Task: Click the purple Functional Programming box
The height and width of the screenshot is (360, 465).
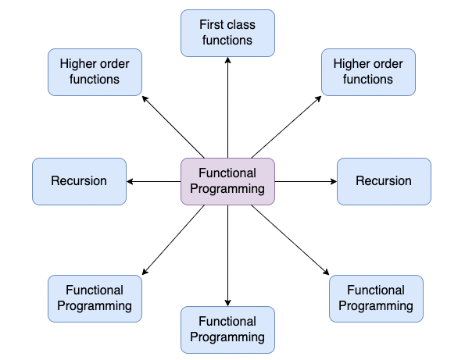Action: [x=227, y=181]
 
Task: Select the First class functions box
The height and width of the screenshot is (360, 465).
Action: [x=227, y=33]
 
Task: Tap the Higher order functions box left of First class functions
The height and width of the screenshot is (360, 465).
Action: [x=95, y=72]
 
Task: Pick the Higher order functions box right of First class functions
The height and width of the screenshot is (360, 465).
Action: [x=368, y=72]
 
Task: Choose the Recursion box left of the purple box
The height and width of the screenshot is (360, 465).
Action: [x=79, y=181]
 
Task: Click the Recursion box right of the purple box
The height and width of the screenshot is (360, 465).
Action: [x=384, y=181]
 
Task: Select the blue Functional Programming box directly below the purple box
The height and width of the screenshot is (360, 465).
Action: [x=227, y=330]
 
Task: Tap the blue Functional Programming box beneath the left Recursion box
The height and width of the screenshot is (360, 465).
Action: [x=95, y=298]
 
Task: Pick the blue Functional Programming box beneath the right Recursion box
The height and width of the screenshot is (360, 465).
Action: [x=376, y=298]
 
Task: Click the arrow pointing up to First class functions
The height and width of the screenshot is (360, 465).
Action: [x=227, y=107]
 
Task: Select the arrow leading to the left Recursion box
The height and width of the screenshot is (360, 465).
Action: [x=154, y=181]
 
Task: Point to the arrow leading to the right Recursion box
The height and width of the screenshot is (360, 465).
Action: [x=306, y=181]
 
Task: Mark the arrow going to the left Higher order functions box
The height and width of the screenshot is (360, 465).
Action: [x=173, y=127]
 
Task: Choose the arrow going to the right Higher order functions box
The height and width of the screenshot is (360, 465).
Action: [x=286, y=127]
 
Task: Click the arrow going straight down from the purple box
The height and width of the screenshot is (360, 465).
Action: [x=227, y=255]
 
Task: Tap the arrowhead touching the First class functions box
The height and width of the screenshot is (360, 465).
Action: [x=227, y=60]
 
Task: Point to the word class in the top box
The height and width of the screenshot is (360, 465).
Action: [x=241, y=24]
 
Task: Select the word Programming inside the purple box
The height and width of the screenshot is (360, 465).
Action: [x=227, y=189]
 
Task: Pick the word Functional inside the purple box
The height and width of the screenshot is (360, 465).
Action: [x=227, y=173]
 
